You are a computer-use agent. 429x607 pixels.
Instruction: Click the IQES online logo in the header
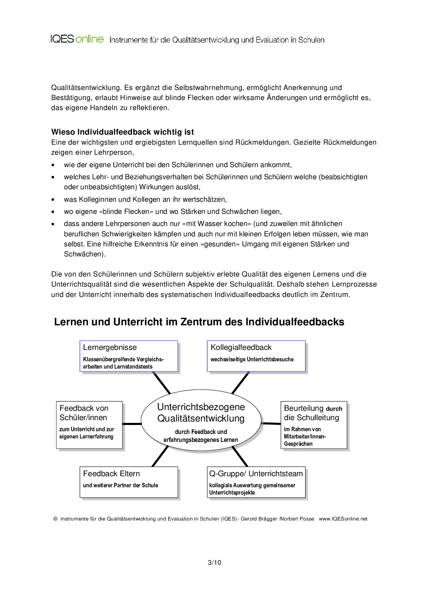tap(77, 39)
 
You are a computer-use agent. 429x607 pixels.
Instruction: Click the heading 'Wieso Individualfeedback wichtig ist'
tap(122, 132)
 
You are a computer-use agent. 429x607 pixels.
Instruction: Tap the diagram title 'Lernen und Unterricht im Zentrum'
tap(199, 322)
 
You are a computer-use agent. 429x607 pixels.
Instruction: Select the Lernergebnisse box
tap(129, 356)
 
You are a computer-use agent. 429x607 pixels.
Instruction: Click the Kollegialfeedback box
tap(256, 356)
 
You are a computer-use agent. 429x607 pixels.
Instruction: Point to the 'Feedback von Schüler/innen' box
tap(89, 425)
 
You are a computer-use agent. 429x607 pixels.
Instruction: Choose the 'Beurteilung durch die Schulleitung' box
tap(313, 425)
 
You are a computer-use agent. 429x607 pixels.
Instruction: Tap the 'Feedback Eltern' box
tap(129, 482)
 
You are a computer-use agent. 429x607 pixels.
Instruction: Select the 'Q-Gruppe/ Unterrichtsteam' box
tap(256, 482)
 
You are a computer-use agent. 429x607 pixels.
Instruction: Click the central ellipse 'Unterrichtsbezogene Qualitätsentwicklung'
tap(201, 420)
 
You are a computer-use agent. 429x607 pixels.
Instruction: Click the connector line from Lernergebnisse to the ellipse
tap(162, 383)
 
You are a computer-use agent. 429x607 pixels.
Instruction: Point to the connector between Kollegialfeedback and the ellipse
tap(240, 383)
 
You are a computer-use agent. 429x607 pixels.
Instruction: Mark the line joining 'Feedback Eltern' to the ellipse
tap(160, 456)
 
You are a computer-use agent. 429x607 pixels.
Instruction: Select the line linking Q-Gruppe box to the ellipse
tap(240, 456)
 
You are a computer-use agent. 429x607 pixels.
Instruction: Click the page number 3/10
tap(214, 563)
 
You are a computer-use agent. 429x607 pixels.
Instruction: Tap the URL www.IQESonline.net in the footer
tap(343, 519)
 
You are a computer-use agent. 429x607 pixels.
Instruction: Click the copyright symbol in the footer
tap(55, 519)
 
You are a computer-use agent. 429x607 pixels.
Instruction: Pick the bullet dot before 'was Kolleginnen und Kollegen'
tap(53, 199)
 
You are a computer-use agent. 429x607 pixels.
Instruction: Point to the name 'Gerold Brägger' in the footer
tap(259, 519)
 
